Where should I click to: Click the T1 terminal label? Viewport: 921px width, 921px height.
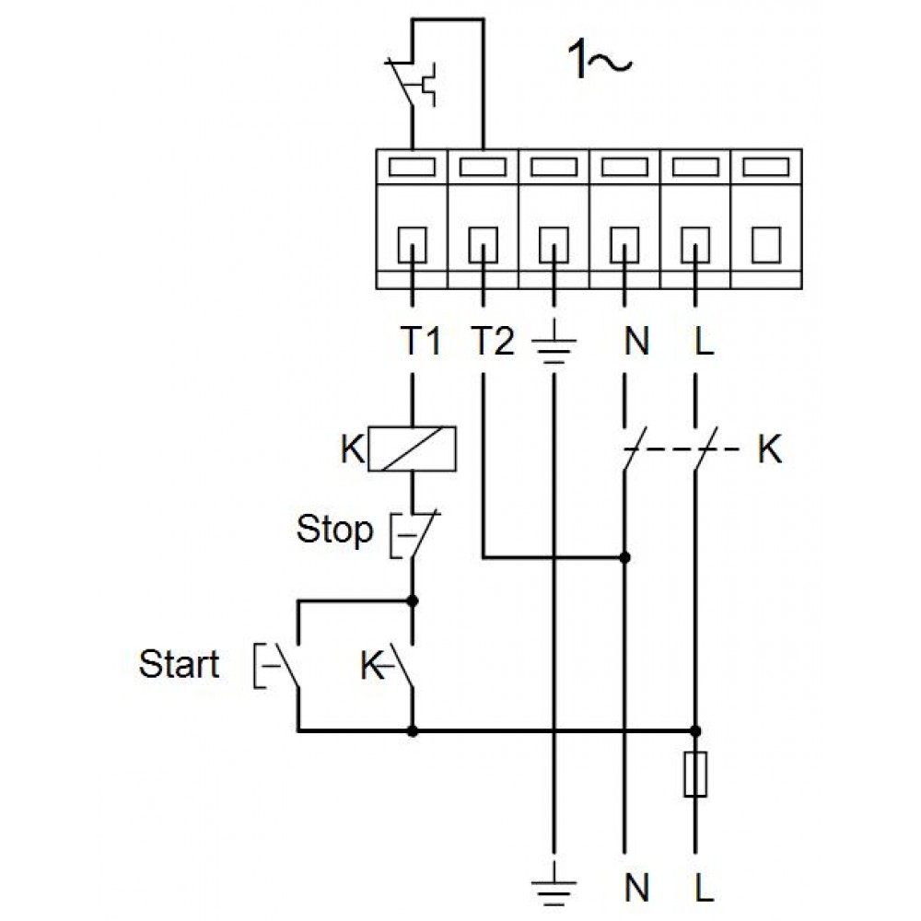[x=420, y=341]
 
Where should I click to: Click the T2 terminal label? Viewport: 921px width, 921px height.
[x=493, y=341]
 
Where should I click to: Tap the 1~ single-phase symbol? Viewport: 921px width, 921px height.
[x=600, y=60]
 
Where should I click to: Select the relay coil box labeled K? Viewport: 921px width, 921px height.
[x=412, y=449]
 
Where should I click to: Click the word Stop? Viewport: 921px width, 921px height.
[x=335, y=530]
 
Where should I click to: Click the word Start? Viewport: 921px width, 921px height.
[x=180, y=664]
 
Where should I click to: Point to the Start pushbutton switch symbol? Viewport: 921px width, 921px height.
[x=277, y=666]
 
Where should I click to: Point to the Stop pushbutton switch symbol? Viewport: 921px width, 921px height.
[x=414, y=533]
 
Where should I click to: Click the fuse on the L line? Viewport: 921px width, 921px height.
[x=695, y=774]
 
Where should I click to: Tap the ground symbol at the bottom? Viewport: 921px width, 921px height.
[x=554, y=884]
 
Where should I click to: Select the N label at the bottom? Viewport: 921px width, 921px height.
[x=636, y=888]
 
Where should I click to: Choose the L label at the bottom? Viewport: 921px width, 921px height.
[x=705, y=888]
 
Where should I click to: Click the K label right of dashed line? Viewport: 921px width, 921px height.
[x=770, y=450]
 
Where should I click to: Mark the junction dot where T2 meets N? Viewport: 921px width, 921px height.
[x=625, y=557]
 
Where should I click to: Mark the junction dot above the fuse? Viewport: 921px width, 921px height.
[x=695, y=731]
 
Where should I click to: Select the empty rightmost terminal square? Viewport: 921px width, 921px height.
[x=766, y=245]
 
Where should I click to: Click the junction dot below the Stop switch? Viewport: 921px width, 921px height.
[x=413, y=600]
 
